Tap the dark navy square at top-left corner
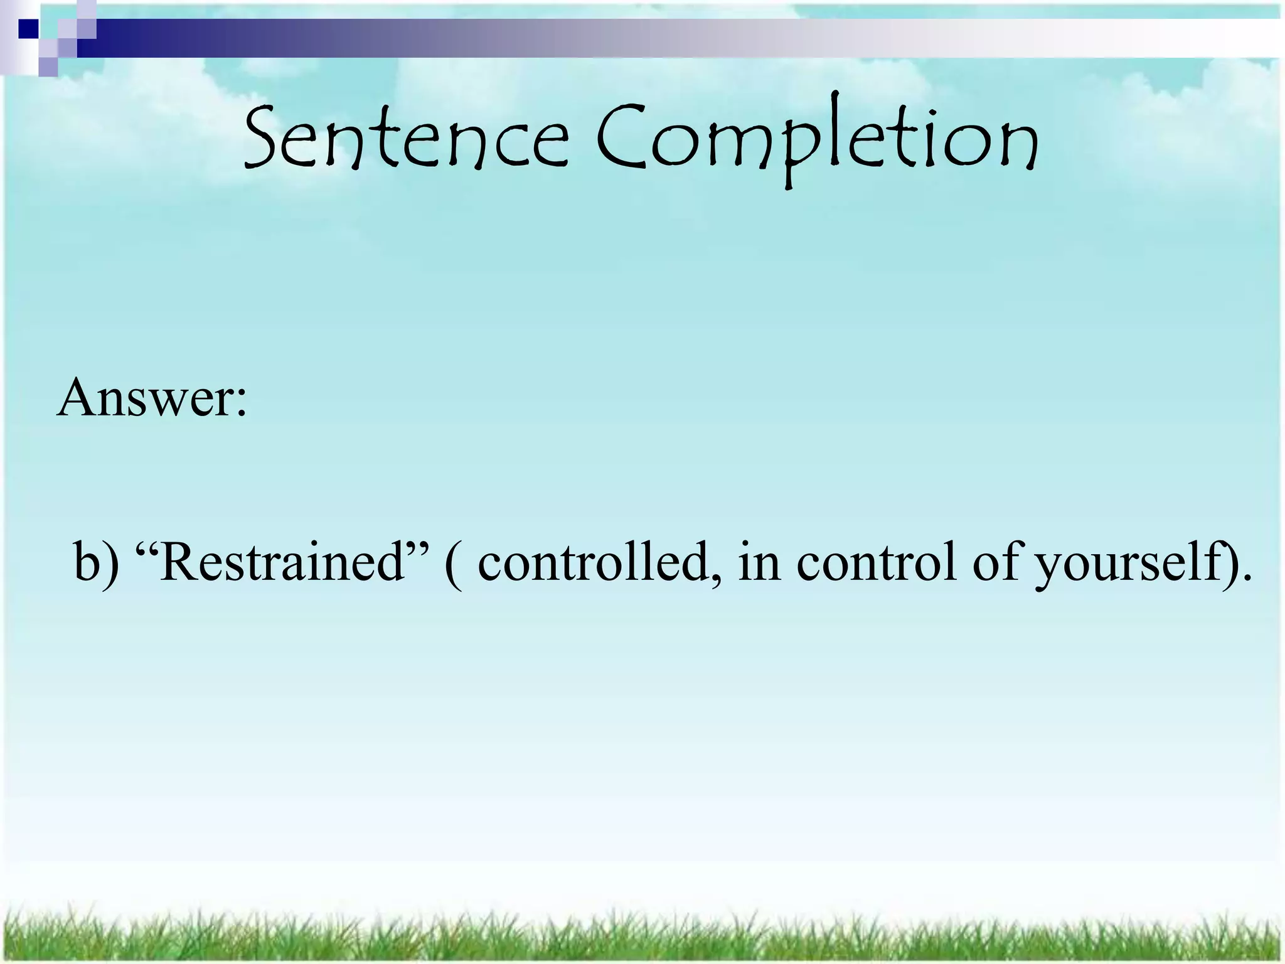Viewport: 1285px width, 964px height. (x=28, y=28)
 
